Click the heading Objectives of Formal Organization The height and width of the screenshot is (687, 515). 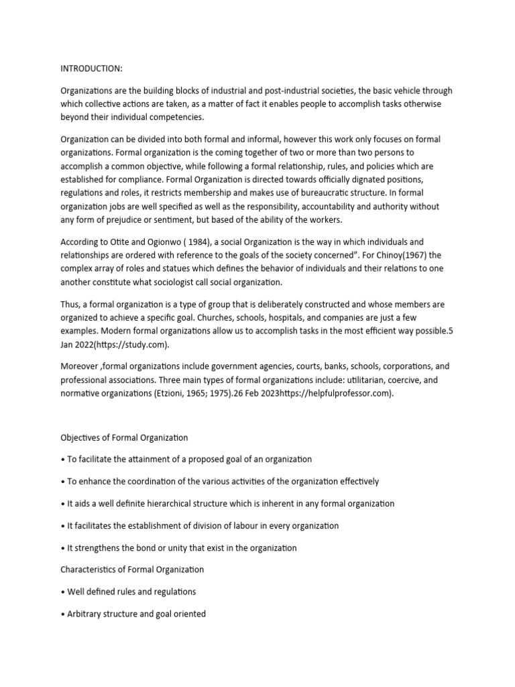(124, 437)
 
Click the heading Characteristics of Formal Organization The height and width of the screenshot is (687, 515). (132, 569)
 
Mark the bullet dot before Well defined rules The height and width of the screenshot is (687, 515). (62, 592)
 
